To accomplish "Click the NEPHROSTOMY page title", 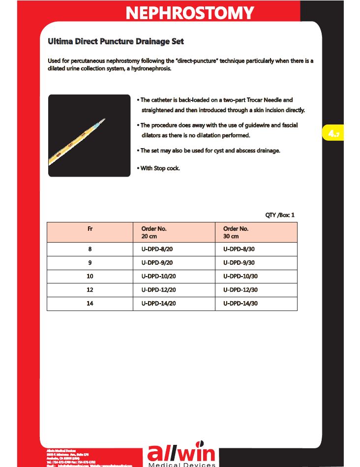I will pyautogui.click(x=190, y=13).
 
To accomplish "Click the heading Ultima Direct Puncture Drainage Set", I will pyautogui.click(x=116, y=42).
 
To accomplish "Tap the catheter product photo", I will pyautogui.click(x=89, y=135).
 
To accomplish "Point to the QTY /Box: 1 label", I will pyautogui.click(x=280, y=215).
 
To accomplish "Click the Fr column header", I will pyautogui.click(x=90, y=229).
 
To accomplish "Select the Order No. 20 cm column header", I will pyautogui.click(x=154, y=232).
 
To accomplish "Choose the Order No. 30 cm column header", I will pyautogui.click(x=236, y=232).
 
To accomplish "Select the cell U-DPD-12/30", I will pyautogui.click(x=240, y=290).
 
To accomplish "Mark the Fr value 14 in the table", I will pyautogui.click(x=90, y=304).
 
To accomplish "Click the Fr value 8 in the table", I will pyautogui.click(x=90, y=249).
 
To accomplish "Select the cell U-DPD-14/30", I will pyautogui.click(x=240, y=304).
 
